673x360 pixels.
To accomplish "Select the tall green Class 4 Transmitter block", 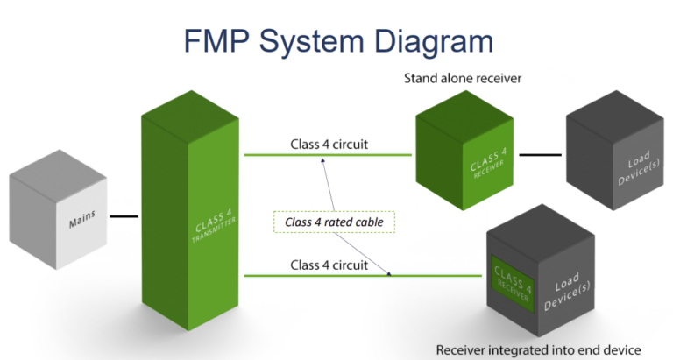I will click(191, 219).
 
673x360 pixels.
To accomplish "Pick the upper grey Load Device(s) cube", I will click(609, 162).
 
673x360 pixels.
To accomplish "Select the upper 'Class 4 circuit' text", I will click(329, 144).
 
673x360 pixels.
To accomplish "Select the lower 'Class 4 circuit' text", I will click(329, 264).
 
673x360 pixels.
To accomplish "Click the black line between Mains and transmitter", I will click(124, 215).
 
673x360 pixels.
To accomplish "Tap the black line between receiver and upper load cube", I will click(540, 154).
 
